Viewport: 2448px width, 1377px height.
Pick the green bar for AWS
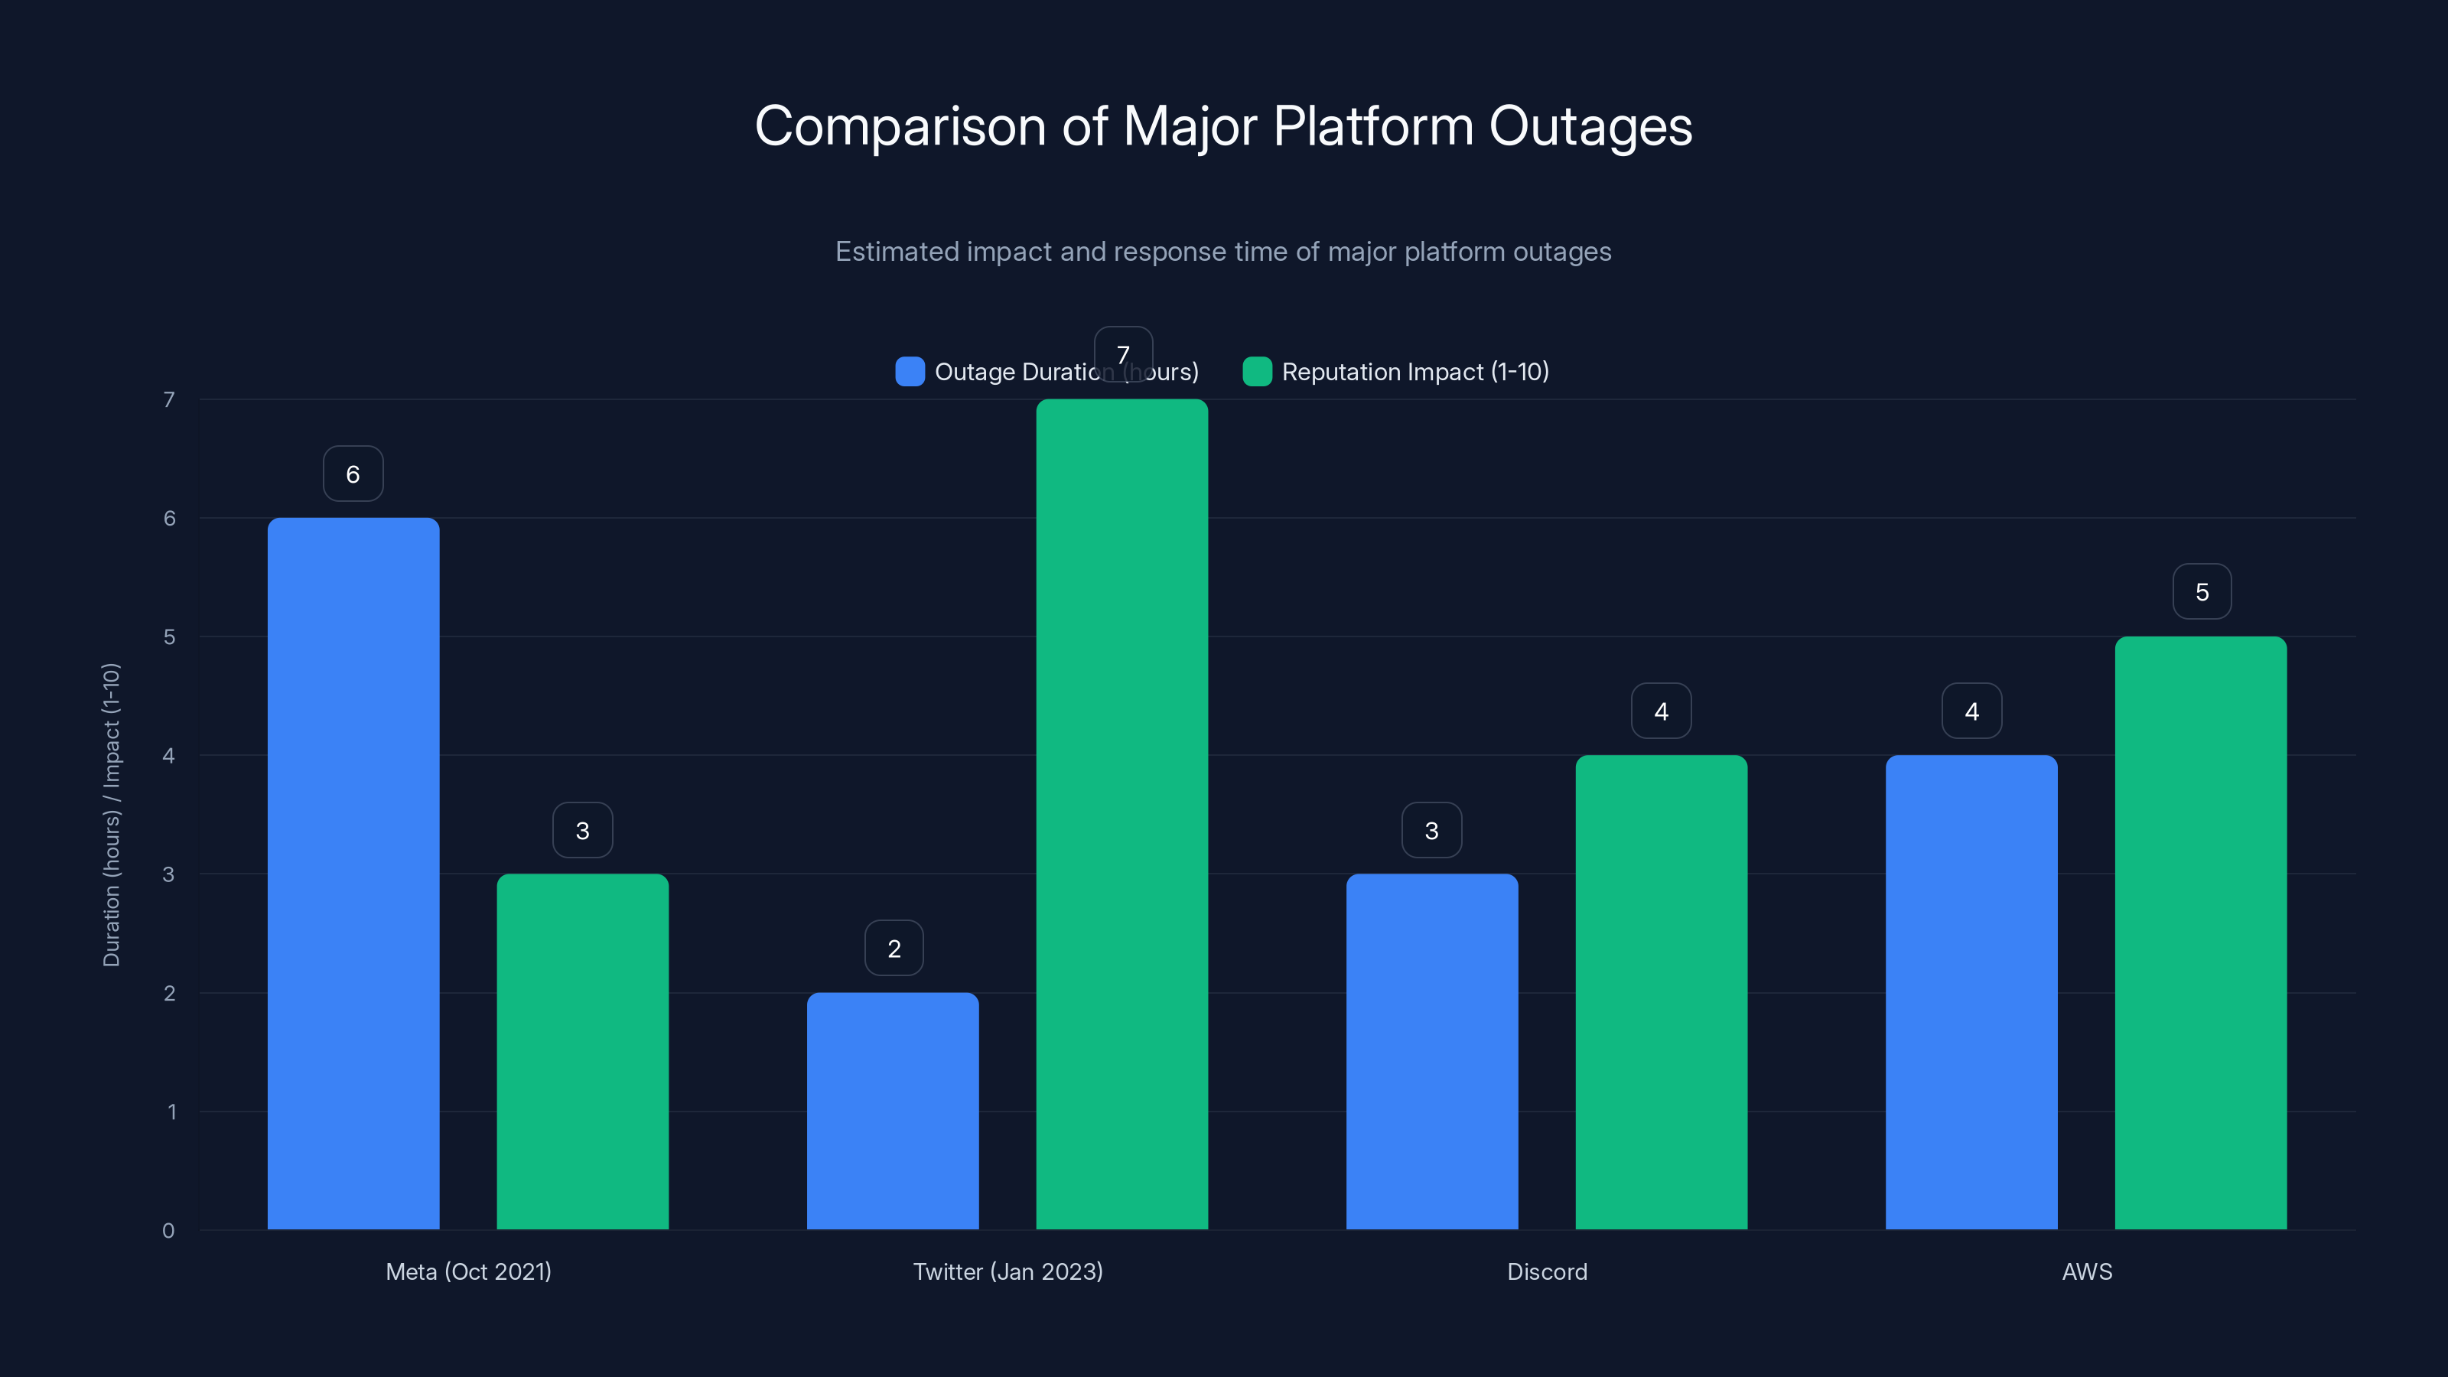[2200, 931]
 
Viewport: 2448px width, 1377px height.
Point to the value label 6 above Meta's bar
[353, 474]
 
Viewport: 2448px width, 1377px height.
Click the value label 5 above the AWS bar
[2201, 592]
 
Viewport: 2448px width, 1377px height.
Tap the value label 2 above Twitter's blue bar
[894, 948]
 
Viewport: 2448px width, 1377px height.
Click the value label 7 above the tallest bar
[1122, 353]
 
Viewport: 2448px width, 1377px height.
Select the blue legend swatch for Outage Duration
[910, 372]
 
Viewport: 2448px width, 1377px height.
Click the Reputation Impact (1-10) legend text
[1415, 372]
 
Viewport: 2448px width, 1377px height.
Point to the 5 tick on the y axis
[169, 636]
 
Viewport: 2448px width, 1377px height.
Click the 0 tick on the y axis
[168, 1231]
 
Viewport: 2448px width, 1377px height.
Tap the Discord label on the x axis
[1546, 1271]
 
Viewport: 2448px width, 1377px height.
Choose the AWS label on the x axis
[2086, 1271]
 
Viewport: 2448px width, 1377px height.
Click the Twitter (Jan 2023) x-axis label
[1008, 1271]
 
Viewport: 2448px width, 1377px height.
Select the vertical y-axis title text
[111, 815]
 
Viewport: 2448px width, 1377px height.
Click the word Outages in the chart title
[1590, 126]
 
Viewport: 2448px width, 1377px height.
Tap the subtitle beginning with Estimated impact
[1223, 252]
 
